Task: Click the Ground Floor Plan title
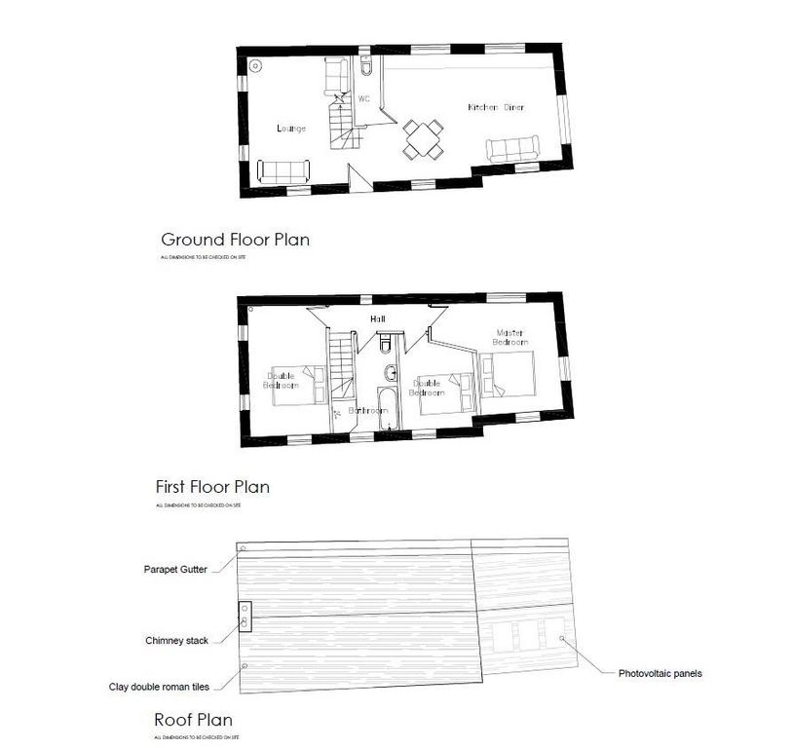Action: click(x=235, y=239)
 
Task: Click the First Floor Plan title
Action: click(x=212, y=486)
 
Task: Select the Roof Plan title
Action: click(x=193, y=721)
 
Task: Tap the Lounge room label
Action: click(x=290, y=129)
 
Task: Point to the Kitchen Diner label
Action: click(x=496, y=107)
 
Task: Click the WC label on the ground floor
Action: click(x=364, y=99)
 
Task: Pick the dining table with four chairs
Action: click(x=424, y=138)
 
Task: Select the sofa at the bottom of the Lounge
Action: click(x=283, y=170)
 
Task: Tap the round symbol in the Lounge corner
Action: click(x=256, y=66)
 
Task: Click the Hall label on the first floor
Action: click(x=377, y=318)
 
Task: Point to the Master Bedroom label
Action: click(x=510, y=337)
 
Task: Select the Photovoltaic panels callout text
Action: click(x=660, y=673)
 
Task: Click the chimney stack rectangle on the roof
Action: click(x=245, y=616)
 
